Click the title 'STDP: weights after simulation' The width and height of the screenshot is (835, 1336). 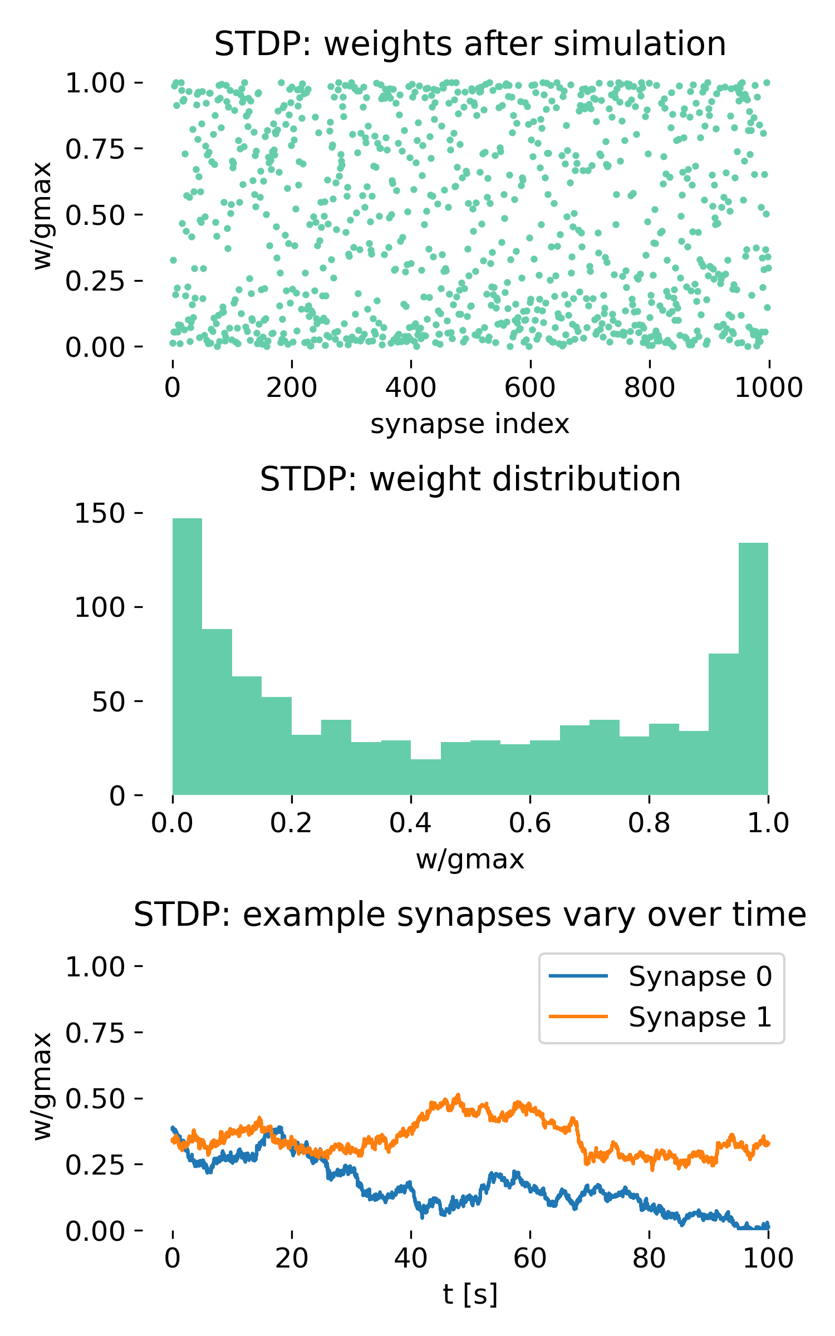click(x=470, y=44)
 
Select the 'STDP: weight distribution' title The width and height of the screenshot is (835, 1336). click(x=470, y=479)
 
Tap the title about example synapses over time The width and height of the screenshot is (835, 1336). click(x=470, y=915)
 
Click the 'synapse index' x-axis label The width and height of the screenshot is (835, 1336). click(x=470, y=424)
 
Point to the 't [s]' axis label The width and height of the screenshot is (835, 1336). click(x=470, y=1294)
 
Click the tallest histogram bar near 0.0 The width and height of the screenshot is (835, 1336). click(x=188, y=657)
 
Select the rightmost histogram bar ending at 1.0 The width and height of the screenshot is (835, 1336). click(x=753, y=668)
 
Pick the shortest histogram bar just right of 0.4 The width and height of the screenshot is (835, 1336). click(x=426, y=777)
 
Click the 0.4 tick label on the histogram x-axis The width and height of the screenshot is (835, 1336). click(x=410, y=823)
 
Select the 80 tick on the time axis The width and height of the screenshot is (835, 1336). click(x=649, y=1258)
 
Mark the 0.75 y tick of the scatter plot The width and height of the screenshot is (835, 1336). click(x=95, y=149)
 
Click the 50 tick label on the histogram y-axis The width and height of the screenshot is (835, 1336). click(x=108, y=701)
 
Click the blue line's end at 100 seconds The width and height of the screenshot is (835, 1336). click(x=768, y=1225)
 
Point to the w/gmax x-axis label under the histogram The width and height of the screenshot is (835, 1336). click(x=470, y=859)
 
